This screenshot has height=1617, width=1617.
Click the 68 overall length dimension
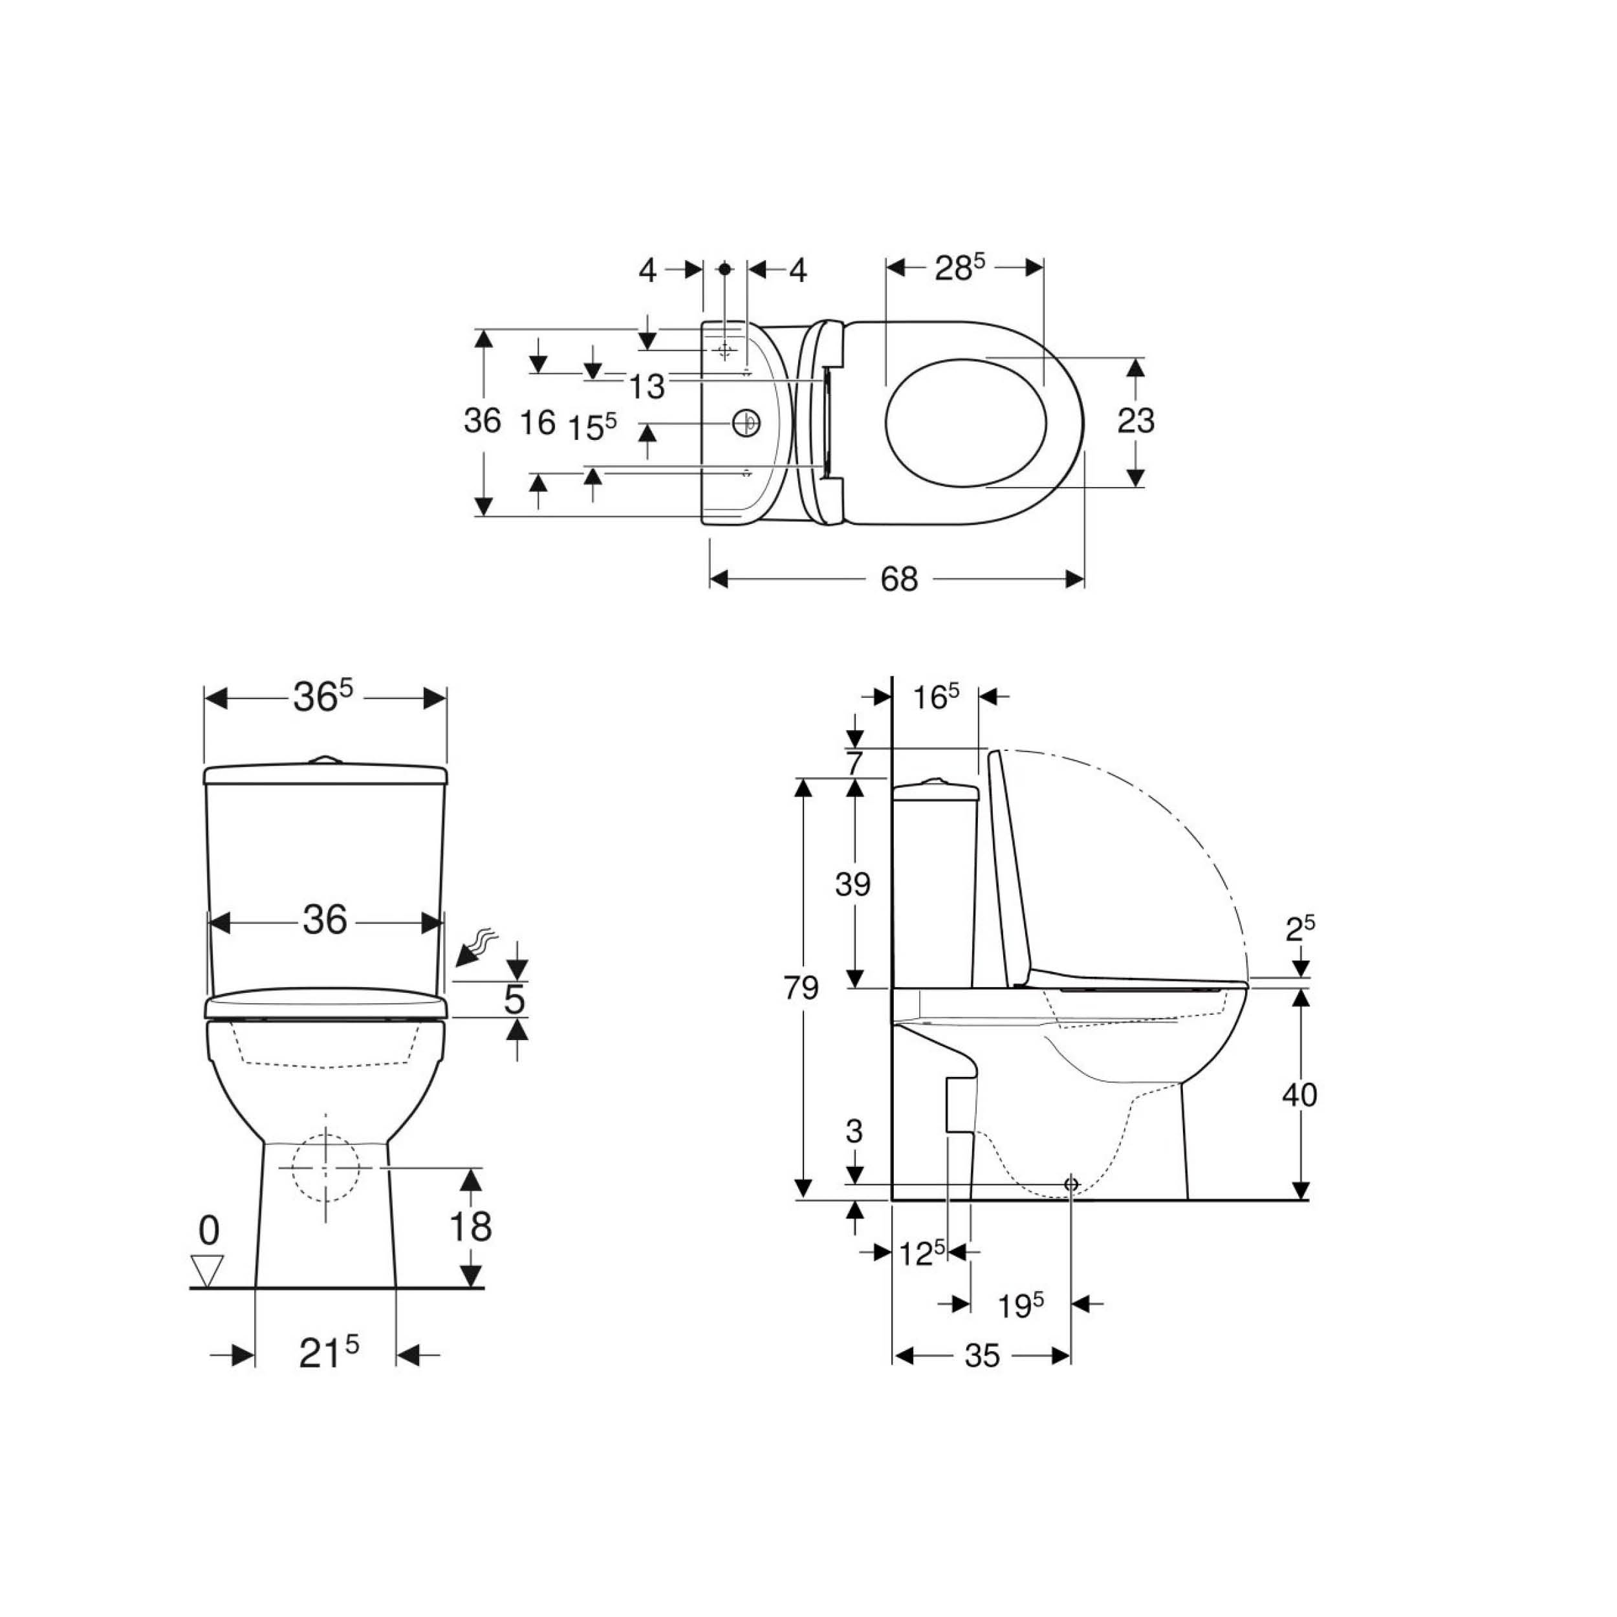(899, 579)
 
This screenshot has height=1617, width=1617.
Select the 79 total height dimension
(801, 988)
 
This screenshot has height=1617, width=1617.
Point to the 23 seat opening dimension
(1136, 421)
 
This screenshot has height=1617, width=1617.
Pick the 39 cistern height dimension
(853, 884)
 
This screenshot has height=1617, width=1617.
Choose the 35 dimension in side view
(982, 1356)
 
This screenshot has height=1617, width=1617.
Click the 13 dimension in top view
(646, 387)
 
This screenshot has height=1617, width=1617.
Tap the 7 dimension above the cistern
(854, 763)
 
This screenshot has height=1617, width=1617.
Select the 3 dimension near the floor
(854, 1131)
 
